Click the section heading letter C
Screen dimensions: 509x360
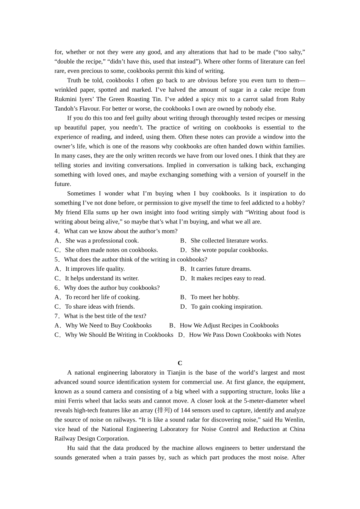pyautogui.click(x=180, y=363)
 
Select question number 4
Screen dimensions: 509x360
pyautogui.click(x=57, y=231)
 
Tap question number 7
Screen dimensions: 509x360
pyautogui.click(x=57, y=316)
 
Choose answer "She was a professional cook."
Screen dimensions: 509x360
pyautogui.click(x=102, y=241)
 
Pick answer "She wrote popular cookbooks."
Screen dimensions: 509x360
pyautogui.click(x=229, y=250)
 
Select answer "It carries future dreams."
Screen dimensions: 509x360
pyautogui.click(x=221, y=269)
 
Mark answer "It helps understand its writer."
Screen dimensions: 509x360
pyautogui.click(x=102, y=278)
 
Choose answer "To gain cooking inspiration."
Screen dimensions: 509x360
pyautogui.click(x=227, y=307)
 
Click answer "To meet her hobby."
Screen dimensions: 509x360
pyautogui.click(x=215, y=297)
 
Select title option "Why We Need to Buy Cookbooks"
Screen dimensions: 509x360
pyautogui.click(x=108, y=326)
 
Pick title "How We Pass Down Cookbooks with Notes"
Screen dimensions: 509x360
pyautogui.click(x=245, y=335)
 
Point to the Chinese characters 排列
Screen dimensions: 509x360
pyautogui.click(x=163, y=411)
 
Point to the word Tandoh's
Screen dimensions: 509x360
pyautogui.click(x=67, y=109)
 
